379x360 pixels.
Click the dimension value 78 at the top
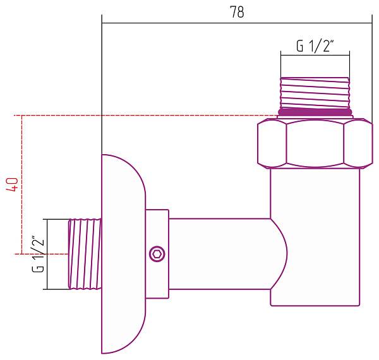(237, 12)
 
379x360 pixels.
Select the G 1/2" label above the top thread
(315, 46)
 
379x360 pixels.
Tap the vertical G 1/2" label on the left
(38, 254)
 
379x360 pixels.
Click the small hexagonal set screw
(156, 255)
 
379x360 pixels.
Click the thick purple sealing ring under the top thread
(315, 112)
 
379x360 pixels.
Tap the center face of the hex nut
(315, 143)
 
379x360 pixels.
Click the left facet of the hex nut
(272, 143)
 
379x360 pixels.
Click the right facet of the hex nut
(358, 143)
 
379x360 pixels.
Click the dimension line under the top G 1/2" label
(315, 56)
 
